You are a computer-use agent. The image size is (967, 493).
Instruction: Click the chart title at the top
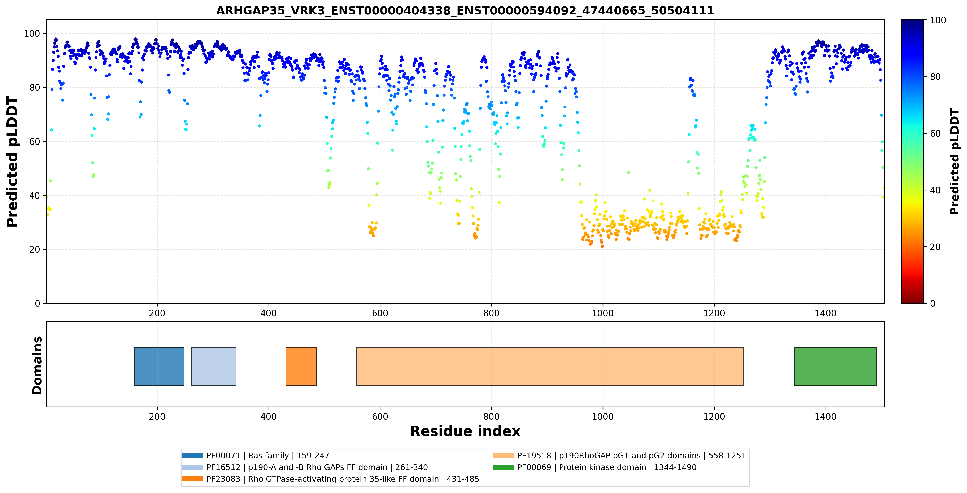[x=465, y=10]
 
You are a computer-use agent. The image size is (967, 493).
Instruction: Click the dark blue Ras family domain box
[x=159, y=366]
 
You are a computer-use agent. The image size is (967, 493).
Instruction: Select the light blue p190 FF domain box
[x=214, y=366]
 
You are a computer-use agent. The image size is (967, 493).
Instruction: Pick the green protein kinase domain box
[x=835, y=366]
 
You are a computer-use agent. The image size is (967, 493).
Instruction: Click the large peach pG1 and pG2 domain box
[x=550, y=366]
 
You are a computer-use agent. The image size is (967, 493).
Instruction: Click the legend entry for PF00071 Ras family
[x=255, y=456]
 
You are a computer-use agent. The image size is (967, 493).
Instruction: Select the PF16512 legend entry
[x=304, y=467]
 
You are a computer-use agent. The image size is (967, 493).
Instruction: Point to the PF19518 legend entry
[x=619, y=456]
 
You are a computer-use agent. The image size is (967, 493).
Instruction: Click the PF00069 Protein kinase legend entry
[x=594, y=467]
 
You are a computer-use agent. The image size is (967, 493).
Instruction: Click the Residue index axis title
[x=465, y=431]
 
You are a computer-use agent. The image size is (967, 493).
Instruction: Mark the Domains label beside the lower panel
[x=37, y=365]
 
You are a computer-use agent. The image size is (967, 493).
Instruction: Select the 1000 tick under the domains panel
[x=602, y=417]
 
